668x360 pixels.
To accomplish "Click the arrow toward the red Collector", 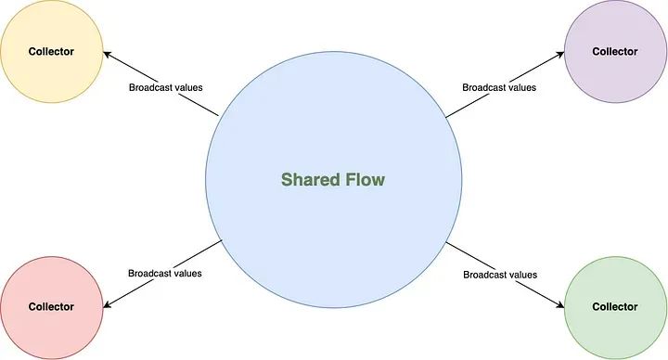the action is coord(158,274).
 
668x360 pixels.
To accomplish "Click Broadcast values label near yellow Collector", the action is coord(165,88).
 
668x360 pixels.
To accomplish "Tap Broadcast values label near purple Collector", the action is coord(499,88).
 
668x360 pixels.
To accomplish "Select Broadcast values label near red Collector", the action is coord(165,274).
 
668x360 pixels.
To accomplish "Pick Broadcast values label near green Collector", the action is coord(499,275).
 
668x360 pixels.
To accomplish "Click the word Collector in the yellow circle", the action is coord(51,52).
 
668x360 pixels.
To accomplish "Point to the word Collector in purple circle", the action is coord(615,52).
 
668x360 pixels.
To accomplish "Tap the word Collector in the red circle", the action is coord(51,306).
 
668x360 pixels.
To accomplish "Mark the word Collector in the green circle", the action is coord(615,306).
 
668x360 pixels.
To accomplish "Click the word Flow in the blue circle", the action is coord(364,179).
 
